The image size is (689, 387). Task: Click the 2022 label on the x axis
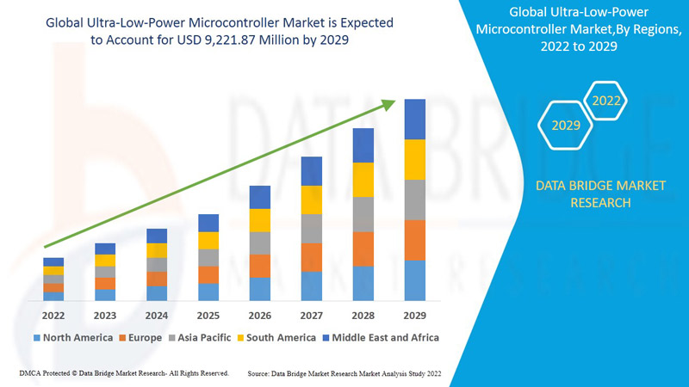tap(53, 315)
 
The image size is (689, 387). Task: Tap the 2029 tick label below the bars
tap(415, 315)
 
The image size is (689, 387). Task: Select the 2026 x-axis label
tap(260, 315)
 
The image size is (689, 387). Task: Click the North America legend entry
tap(72, 338)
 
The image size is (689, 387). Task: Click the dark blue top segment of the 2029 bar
tap(415, 119)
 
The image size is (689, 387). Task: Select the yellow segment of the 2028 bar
tap(363, 180)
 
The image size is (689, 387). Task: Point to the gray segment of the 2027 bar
tap(312, 229)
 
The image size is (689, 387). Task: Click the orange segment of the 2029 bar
tap(415, 240)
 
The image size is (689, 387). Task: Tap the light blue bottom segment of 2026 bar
tap(260, 289)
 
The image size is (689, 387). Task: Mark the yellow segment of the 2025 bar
tap(208, 241)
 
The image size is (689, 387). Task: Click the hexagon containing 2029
tap(566, 126)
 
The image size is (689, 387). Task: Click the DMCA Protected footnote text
tap(123, 373)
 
